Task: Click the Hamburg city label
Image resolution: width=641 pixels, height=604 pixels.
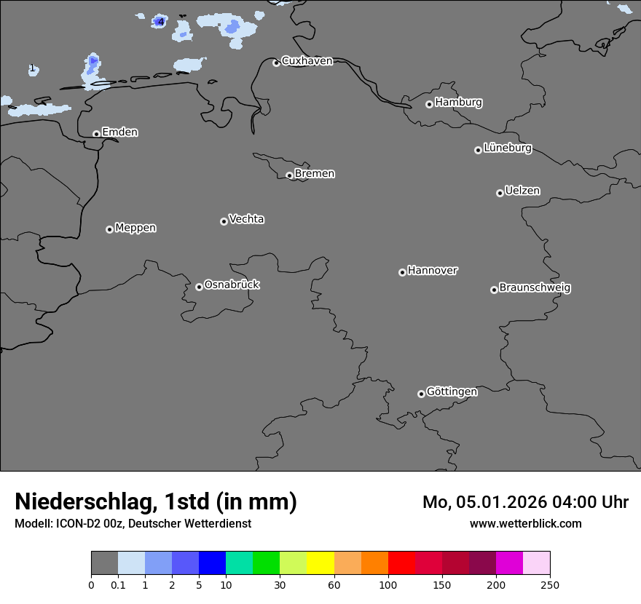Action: click(x=458, y=103)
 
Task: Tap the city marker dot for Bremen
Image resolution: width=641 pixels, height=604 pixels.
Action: click(x=289, y=175)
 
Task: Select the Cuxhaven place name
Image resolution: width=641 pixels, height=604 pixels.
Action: click(x=307, y=61)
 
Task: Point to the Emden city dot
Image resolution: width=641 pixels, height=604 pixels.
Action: click(x=96, y=134)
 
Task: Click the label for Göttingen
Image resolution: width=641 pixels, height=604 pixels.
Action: click(x=452, y=392)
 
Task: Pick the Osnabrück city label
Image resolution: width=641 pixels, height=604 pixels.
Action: click(x=232, y=285)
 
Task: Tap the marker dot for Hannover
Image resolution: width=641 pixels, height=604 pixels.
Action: click(x=402, y=272)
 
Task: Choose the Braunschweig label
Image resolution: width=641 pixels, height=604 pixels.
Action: click(x=535, y=288)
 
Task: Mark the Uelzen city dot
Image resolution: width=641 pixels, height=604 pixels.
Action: click(x=500, y=193)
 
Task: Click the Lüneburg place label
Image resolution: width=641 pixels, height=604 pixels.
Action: click(x=507, y=148)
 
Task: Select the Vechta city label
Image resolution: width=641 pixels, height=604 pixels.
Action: click(x=246, y=220)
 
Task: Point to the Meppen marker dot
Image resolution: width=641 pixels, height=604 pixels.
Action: click(x=109, y=229)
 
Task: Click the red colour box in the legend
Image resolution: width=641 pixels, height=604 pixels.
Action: click(x=401, y=563)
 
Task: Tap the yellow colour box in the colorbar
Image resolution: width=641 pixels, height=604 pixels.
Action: click(x=320, y=563)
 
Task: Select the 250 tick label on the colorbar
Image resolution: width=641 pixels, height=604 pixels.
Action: click(x=550, y=585)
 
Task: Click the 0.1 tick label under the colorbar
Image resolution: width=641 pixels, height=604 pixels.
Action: click(x=118, y=585)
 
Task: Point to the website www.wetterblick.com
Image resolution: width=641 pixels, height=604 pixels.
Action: click(x=525, y=524)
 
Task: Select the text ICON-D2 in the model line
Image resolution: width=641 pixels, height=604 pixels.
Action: click(x=78, y=524)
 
